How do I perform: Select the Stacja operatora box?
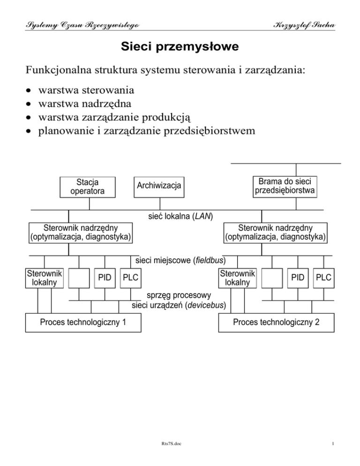pyautogui.click(x=88, y=186)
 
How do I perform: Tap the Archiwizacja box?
pyautogui.click(x=159, y=186)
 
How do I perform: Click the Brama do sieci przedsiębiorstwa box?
pyautogui.click(x=285, y=186)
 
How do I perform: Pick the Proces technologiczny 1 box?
pyautogui.click(x=83, y=323)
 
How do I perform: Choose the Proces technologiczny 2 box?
pyautogui.click(x=277, y=323)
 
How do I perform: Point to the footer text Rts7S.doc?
pyautogui.click(x=180, y=454)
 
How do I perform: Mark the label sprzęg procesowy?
pyautogui.click(x=179, y=295)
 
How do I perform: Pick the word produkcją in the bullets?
pyautogui.click(x=191, y=116)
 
